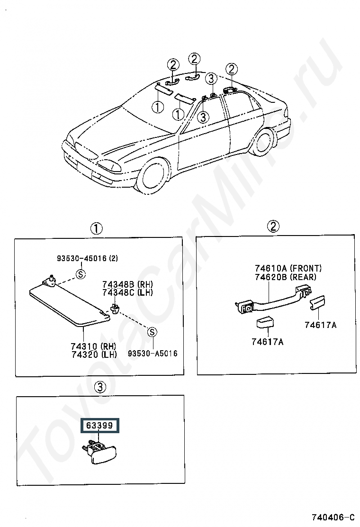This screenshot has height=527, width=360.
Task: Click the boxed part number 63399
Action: (99, 426)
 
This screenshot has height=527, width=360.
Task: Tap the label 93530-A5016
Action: (153, 353)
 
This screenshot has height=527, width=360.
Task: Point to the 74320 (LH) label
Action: (94, 354)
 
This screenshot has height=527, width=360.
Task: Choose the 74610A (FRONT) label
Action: (288, 268)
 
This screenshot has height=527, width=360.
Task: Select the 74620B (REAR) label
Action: (286, 277)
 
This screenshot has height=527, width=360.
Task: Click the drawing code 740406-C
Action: (333, 517)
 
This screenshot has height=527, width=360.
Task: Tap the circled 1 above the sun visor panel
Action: (96, 229)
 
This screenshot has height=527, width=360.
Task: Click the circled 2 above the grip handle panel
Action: (273, 227)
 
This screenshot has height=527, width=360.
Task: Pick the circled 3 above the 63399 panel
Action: (100, 387)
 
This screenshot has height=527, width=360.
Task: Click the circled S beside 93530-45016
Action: (81, 274)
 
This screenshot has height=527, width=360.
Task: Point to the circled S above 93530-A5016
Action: (153, 332)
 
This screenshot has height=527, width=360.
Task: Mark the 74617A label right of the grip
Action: (321, 325)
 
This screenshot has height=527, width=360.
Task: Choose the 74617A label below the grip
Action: (268, 342)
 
